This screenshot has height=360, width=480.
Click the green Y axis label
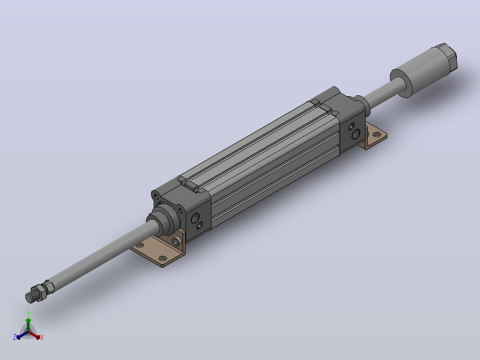tap(28, 313)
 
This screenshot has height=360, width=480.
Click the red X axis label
tap(42, 337)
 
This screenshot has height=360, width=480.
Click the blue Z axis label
tap(14, 337)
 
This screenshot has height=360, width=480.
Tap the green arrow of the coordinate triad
tap(28, 325)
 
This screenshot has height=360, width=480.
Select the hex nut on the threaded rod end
tap(40, 292)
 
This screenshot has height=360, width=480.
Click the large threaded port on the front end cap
tap(195, 218)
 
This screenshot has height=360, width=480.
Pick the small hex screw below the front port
tap(199, 226)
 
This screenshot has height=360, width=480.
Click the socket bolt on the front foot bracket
tap(176, 241)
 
